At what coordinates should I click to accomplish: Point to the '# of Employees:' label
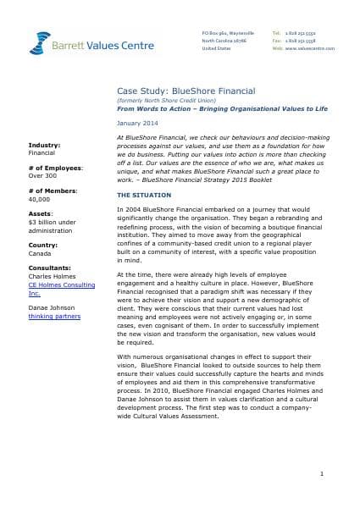pos(55,168)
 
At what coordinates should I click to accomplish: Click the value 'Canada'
pos(41,256)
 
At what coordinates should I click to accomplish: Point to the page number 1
pos(335,476)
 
